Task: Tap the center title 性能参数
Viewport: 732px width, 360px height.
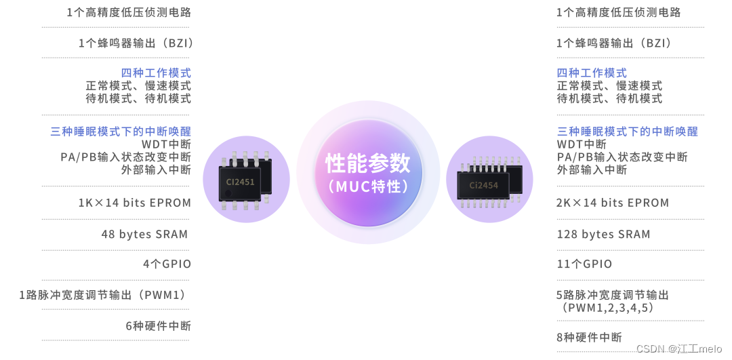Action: click(368, 163)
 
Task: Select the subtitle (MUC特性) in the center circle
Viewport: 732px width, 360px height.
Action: click(368, 186)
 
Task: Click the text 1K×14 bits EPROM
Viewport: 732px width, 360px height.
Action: click(135, 203)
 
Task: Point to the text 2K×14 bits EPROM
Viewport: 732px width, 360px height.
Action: click(613, 203)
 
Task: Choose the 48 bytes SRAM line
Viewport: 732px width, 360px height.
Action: click(144, 234)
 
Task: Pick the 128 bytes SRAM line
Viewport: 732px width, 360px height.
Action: click(603, 234)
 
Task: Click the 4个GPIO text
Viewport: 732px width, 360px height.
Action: click(167, 264)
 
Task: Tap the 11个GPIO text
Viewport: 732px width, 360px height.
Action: click(584, 264)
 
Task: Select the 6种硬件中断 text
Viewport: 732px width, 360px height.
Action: click(159, 325)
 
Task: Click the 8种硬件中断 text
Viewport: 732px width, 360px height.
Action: click(589, 337)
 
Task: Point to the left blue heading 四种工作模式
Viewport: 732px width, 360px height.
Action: click(156, 73)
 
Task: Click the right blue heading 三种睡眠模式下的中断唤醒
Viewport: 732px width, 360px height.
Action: click(627, 132)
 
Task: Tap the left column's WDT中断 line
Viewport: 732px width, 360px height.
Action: click(166, 144)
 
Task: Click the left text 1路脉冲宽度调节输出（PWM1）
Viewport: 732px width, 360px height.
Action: click(104, 295)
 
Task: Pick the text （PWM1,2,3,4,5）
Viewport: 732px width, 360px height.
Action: click(607, 308)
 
